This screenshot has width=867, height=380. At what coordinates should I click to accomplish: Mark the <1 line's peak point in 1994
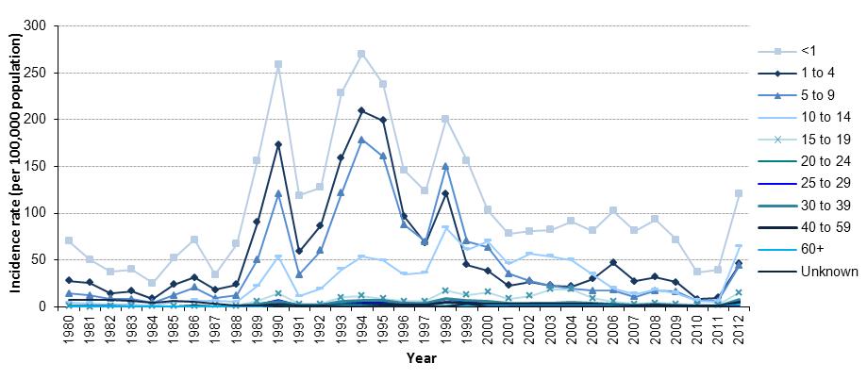click(x=361, y=54)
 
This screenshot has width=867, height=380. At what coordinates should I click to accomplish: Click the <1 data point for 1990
click(x=278, y=64)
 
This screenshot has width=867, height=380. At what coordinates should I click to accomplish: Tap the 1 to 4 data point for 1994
click(x=361, y=110)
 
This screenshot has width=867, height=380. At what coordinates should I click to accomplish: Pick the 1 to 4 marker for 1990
click(x=278, y=144)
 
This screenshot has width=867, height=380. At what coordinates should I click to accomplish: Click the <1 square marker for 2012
click(x=737, y=193)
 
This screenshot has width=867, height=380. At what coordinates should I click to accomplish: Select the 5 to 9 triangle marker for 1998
click(x=444, y=166)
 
